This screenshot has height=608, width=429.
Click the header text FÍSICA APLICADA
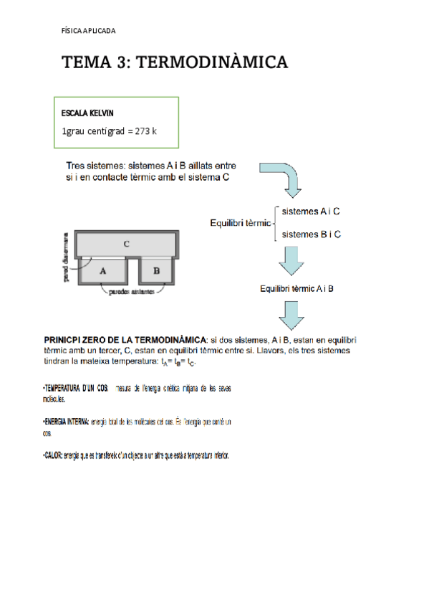(89, 31)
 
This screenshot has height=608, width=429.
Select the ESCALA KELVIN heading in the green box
(87, 113)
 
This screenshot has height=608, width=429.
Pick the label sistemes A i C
(311, 212)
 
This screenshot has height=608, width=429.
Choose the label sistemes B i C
(311, 234)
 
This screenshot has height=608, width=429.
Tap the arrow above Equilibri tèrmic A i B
(292, 260)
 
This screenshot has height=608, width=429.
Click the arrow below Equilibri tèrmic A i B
(292, 314)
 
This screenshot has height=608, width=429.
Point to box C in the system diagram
(126, 244)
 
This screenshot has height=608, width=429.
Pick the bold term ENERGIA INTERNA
(67, 422)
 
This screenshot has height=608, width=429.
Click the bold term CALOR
(52, 455)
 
